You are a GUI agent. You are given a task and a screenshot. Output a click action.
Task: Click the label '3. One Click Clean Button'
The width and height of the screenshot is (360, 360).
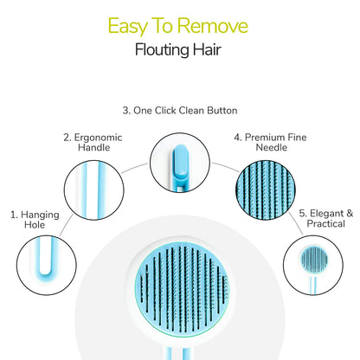(x=179, y=111)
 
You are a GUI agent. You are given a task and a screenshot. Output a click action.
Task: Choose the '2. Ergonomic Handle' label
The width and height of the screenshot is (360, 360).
(x=92, y=142)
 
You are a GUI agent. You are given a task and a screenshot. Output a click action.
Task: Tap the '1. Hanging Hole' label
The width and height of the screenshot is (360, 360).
(x=28, y=219)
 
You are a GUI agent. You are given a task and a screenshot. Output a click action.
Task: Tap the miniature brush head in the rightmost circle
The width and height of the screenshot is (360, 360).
(x=312, y=259)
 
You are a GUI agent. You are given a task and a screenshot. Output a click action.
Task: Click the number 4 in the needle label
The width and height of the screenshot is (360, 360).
(x=236, y=136)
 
